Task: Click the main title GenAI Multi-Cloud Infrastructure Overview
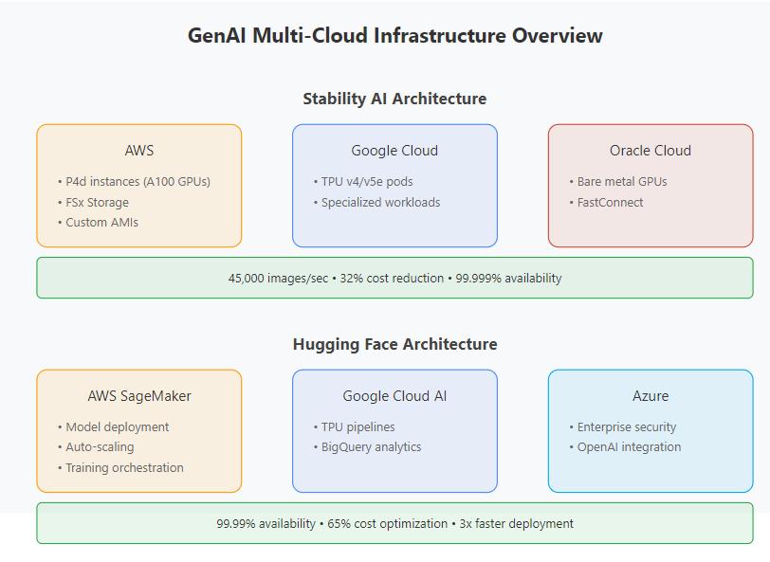394,36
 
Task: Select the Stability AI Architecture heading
394,99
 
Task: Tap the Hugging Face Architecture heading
394,344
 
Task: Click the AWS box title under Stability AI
139,151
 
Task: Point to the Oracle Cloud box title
651,151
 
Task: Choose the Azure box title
651,396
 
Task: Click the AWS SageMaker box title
139,396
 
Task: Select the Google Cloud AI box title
394,396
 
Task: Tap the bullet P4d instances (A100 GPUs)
137,181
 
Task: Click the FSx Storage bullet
97,202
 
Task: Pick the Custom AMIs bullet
101,223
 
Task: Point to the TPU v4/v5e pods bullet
366,181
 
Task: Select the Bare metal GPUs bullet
621,181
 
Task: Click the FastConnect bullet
610,202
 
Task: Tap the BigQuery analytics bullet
371,447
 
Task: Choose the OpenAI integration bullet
629,447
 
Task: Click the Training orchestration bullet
124,468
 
